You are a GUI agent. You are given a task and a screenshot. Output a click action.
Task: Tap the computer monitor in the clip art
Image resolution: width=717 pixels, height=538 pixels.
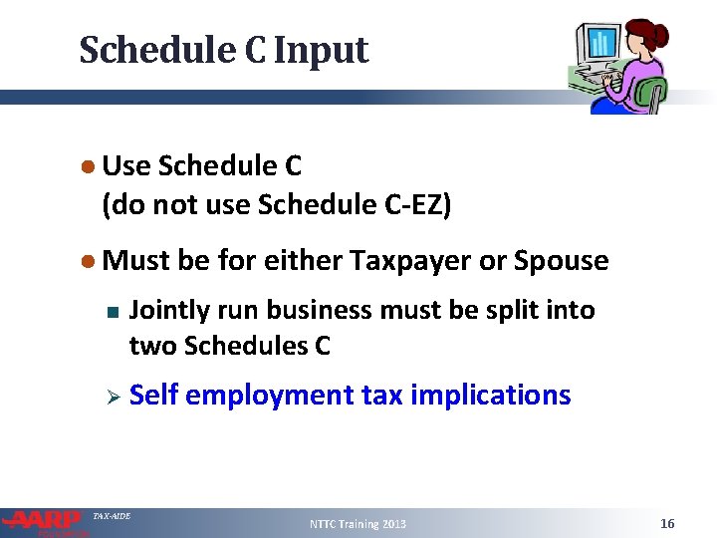coord(600,46)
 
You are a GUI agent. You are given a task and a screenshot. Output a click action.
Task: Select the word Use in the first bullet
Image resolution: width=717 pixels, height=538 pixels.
coord(126,165)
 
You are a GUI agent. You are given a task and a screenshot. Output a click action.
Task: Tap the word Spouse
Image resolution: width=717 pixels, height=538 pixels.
coord(561,261)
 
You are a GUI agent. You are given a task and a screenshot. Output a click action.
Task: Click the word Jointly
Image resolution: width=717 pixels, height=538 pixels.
coord(166,311)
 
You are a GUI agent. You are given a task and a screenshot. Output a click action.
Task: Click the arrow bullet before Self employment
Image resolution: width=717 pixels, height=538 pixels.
coord(113,397)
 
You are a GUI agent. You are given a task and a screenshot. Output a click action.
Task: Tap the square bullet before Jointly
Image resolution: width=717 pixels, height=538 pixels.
coord(113,312)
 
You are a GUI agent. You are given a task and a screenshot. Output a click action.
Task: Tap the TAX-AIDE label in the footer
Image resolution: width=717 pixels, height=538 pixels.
coord(111,516)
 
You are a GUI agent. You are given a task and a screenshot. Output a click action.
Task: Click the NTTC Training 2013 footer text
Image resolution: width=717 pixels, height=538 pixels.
coord(358,524)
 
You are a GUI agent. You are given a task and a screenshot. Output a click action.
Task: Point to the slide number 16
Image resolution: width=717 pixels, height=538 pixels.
coord(667,524)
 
